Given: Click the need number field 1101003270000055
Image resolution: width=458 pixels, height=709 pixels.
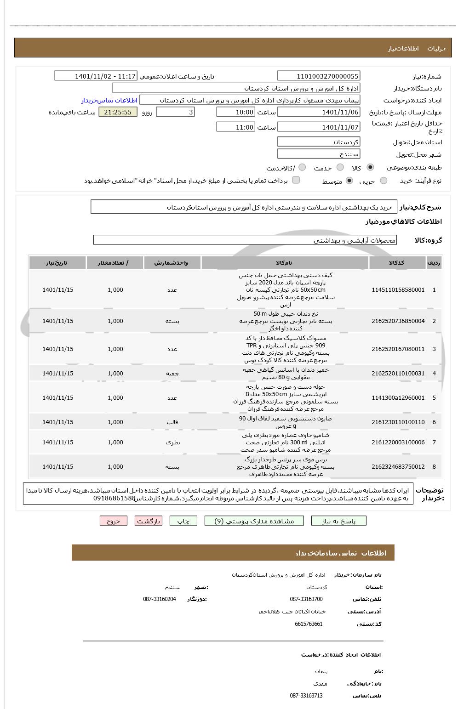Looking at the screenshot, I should tap(319, 76).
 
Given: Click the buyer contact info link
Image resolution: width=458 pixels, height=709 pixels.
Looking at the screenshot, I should tap(109, 100).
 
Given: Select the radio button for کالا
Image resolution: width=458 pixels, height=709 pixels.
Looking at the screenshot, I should tap(370, 168).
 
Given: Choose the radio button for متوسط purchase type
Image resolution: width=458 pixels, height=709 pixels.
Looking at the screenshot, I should tap(349, 181).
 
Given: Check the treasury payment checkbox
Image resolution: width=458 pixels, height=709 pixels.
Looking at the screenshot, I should tap(296, 180).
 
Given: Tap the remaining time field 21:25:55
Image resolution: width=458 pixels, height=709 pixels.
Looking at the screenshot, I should tap(118, 112).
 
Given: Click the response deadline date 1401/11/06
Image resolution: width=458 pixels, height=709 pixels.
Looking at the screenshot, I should tap(319, 112).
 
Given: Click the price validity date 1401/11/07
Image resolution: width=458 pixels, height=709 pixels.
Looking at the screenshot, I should tap(319, 127).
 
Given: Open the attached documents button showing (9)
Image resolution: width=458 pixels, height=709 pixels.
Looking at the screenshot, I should tap(254, 521).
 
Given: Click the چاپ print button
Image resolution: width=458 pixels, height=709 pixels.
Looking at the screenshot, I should tap(183, 521).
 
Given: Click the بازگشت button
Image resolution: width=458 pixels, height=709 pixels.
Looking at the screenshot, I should tap(149, 521).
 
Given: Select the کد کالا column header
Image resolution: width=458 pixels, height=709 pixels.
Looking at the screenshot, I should tap(396, 263).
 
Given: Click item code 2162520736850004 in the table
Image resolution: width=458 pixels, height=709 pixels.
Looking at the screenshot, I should tap(398, 321).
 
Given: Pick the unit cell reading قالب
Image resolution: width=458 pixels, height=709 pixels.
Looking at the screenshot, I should tap(172, 422).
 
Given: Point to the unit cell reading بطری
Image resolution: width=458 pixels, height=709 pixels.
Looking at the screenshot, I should tap(172, 442).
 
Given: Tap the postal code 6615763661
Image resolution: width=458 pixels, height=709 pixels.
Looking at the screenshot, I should tap(309, 624).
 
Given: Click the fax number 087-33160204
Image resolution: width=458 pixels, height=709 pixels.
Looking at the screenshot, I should tap(159, 599).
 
